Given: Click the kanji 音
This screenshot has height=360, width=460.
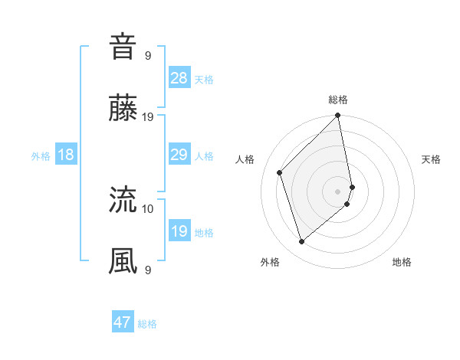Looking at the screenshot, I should (123, 47).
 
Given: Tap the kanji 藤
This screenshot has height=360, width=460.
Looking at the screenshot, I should (123, 109).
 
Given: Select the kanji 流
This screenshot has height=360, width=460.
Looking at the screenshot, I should (123, 200).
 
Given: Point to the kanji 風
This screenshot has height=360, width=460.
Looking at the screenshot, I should (123, 261).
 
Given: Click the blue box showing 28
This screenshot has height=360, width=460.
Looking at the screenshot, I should (179, 78).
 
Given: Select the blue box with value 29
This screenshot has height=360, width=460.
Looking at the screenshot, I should (179, 155).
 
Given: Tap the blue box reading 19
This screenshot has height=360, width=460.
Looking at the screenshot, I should (179, 231).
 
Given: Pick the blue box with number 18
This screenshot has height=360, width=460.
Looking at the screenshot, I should (66, 155).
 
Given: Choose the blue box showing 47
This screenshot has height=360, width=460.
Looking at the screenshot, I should (123, 322).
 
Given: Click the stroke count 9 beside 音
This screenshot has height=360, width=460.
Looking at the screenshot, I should (148, 56).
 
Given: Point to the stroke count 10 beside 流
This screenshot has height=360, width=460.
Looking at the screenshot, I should (148, 208).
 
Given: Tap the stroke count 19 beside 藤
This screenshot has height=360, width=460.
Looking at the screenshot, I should (148, 117).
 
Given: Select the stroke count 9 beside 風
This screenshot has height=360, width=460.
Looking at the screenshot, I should (148, 270).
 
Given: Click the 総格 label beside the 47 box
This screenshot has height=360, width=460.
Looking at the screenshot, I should (147, 323).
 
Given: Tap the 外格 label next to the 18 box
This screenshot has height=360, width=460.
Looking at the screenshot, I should (41, 155).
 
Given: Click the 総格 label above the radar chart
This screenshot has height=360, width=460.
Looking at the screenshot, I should (338, 100).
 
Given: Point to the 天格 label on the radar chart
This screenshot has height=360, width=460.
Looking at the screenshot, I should (431, 159).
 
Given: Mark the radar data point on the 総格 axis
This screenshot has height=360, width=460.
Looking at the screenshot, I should (338, 116).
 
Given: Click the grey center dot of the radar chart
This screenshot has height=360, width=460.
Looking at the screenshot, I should (338, 191).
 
